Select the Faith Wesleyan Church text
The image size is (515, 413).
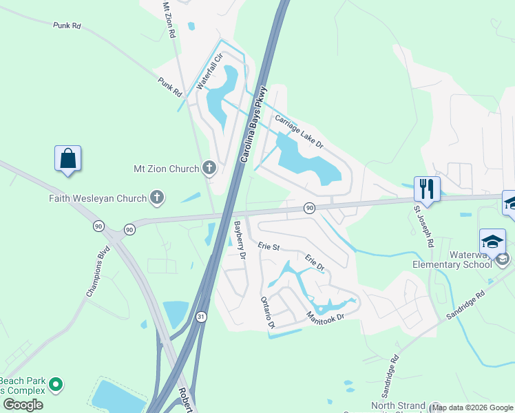tap(98, 198)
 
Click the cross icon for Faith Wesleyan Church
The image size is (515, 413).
tap(157, 198)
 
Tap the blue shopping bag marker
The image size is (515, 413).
tap(68, 158)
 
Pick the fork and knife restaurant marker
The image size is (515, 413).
tap(427, 188)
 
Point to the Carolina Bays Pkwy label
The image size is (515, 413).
tap(253, 125)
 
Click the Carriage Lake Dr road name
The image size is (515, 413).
tap(299, 131)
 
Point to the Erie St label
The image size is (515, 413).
tap(269, 246)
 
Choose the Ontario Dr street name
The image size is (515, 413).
tap(268, 313)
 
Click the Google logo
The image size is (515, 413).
tap(23, 405)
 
